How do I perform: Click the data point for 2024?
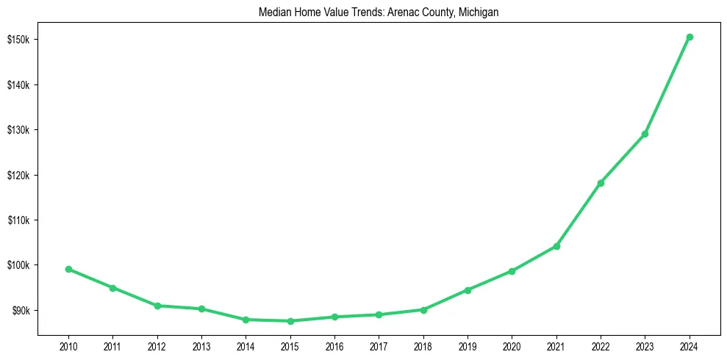[x=690, y=37]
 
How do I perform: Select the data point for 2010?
[x=68, y=269]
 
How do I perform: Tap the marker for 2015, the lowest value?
[x=290, y=321]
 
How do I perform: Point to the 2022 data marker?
[x=601, y=183]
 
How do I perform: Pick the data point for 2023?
[x=645, y=134]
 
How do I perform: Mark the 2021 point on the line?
[x=556, y=246]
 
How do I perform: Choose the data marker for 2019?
[x=468, y=290]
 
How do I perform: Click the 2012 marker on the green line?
[x=157, y=306]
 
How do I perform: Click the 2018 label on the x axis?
[x=423, y=346]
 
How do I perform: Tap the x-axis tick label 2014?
[x=246, y=346]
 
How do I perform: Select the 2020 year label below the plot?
[x=512, y=346]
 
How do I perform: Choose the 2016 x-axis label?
[x=334, y=346]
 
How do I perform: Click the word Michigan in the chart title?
[x=479, y=12]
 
